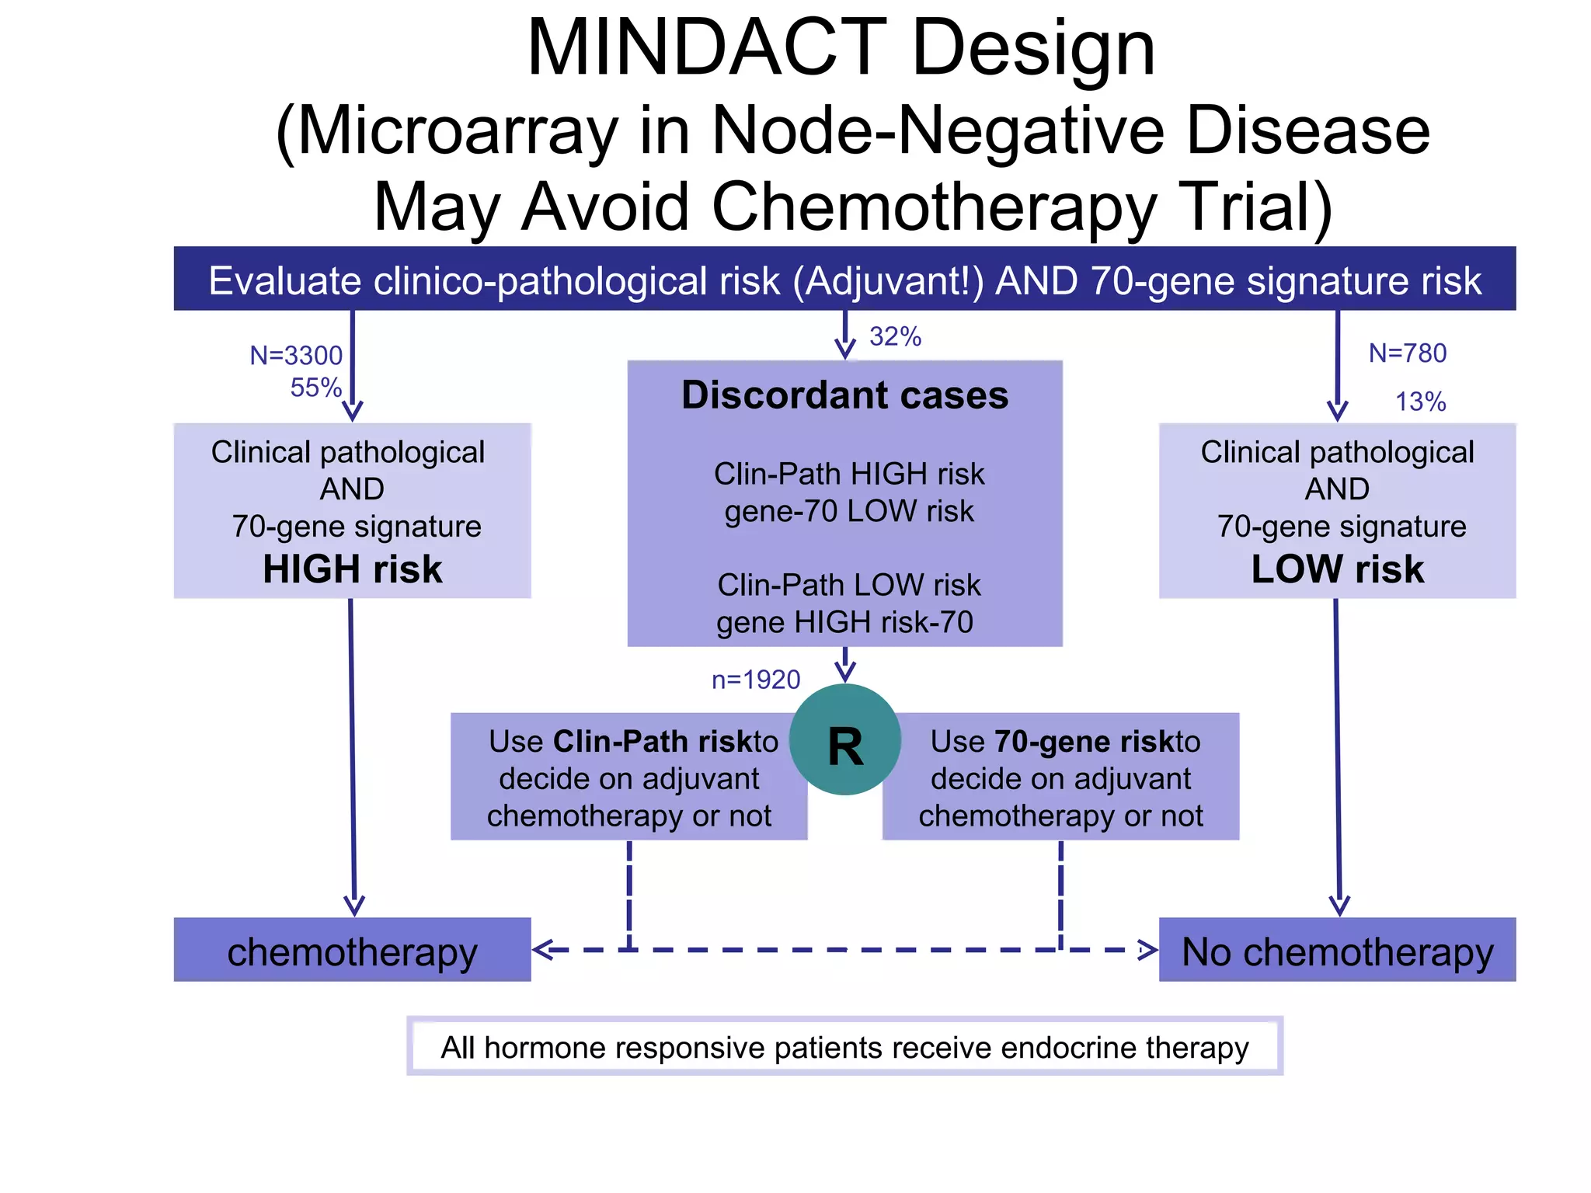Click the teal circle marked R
[844, 739]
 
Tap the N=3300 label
[296, 355]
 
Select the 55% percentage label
[315, 387]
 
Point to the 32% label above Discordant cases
[895, 336]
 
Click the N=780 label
[1407, 353]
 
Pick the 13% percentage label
[1420, 402]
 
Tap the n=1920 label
[755, 680]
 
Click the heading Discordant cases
[844, 395]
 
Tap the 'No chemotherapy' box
[1337, 950]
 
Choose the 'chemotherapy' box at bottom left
[352, 950]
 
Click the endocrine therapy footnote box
[844, 1046]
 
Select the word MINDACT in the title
[706, 48]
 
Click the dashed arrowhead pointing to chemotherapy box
[541, 949]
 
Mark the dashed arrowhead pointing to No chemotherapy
[1147, 949]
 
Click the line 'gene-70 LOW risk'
[848, 511]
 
